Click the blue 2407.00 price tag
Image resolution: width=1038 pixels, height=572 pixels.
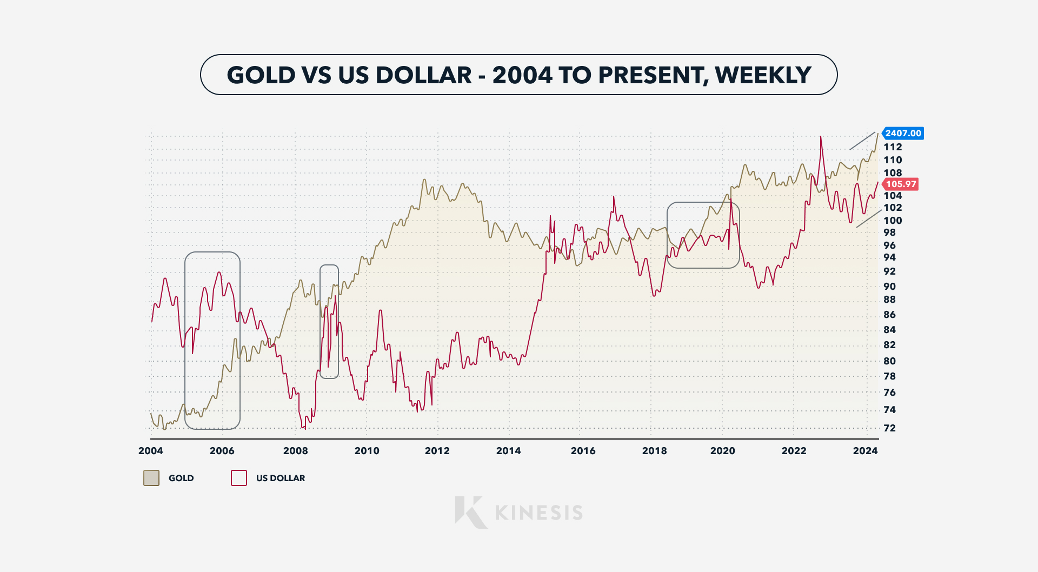pyautogui.click(x=903, y=133)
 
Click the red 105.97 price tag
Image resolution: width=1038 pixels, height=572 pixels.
pyautogui.click(x=901, y=184)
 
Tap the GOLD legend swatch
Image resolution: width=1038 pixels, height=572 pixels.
pyautogui.click(x=151, y=478)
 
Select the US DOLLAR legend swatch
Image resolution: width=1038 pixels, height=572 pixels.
pyautogui.click(x=239, y=478)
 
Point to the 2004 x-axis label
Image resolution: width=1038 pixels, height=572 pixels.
pyautogui.click(x=150, y=451)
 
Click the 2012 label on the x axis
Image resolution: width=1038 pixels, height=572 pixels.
pyautogui.click(x=437, y=451)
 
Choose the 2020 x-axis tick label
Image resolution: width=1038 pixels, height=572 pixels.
pyautogui.click(x=722, y=451)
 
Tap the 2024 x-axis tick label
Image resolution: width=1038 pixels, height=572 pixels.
pyautogui.click(x=865, y=451)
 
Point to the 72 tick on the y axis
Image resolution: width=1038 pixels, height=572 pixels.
pyautogui.click(x=889, y=428)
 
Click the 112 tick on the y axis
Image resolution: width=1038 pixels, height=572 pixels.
pyautogui.click(x=893, y=147)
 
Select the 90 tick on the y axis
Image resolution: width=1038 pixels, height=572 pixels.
pyautogui.click(x=889, y=287)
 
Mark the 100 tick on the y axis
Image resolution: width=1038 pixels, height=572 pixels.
pyautogui.click(x=893, y=221)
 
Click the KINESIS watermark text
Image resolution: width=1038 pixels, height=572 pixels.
pyautogui.click(x=539, y=513)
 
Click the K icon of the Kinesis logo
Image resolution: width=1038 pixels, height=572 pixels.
pyautogui.click(x=469, y=512)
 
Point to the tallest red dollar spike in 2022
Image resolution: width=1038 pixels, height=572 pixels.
pyautogui.click(x=821, y=137)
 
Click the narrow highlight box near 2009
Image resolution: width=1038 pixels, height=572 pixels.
pyautogui.click(x=329, y=322)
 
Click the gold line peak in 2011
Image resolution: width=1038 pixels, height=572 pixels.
pyautogui.click(x=424, y=180)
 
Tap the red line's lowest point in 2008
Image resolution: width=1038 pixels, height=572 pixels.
pyautogui.click(x=305, y=428)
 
